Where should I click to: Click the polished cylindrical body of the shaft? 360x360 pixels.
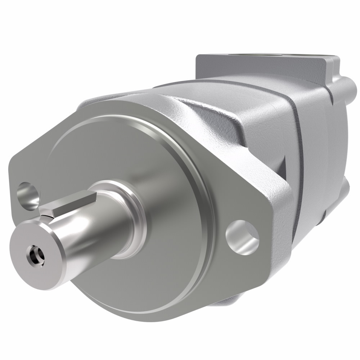[x=90, y=230]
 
